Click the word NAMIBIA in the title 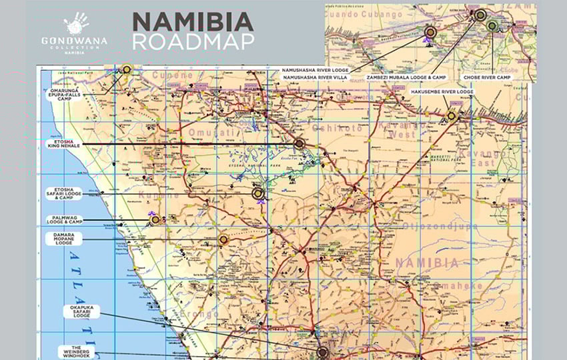(x=193, y=23)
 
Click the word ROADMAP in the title (x=193, y=42)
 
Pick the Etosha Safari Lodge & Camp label (x=64, y=193)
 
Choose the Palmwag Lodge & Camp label (x=64, y=219)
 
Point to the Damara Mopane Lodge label (x=64, y=239)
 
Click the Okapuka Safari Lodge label (x=81, y=312)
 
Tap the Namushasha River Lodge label (x=314, y=69)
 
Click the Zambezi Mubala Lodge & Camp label (x=407, y=77)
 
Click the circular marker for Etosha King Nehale (x=299, y=143)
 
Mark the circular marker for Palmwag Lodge (x=155, y=219)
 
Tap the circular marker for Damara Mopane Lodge (x=223, y=239)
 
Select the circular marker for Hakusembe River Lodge (x=452, y=116)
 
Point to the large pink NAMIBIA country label (x=427, y=263)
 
